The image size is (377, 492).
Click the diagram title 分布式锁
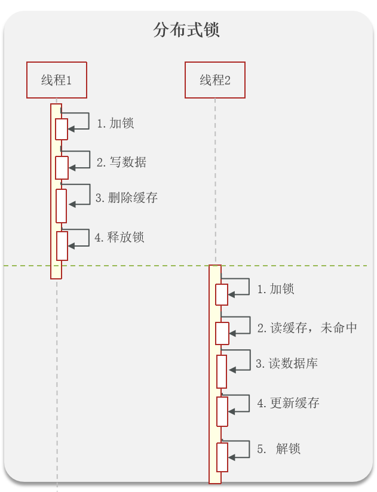(x=186, y=30)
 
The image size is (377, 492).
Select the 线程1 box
(x=57, y=80)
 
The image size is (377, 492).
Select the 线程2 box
(x=215, y=80)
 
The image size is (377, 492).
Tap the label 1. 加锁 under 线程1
(x=115, y=124)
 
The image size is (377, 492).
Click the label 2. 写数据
(x=121, y=162)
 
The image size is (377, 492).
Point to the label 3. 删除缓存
(x=127, y=198)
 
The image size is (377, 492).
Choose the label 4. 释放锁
(x=119, y=237)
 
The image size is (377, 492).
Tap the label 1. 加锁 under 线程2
(x=275, y=289)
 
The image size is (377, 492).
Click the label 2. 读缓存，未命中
(x=307, y=328)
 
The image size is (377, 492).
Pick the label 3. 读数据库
(x=287, y=364)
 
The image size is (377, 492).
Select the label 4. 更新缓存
(x=288, y=403)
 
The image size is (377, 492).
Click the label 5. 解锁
(x=279, y=449)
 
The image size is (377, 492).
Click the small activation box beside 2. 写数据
(x=62, y=168)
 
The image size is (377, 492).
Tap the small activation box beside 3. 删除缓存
(x=62, y=205)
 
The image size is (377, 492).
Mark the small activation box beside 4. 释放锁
(x=62, y=246)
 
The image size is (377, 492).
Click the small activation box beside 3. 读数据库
(x=222, y=371)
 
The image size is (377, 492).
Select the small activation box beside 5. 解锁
(x=222, y=457)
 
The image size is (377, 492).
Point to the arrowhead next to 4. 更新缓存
(x=232, y=411)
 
